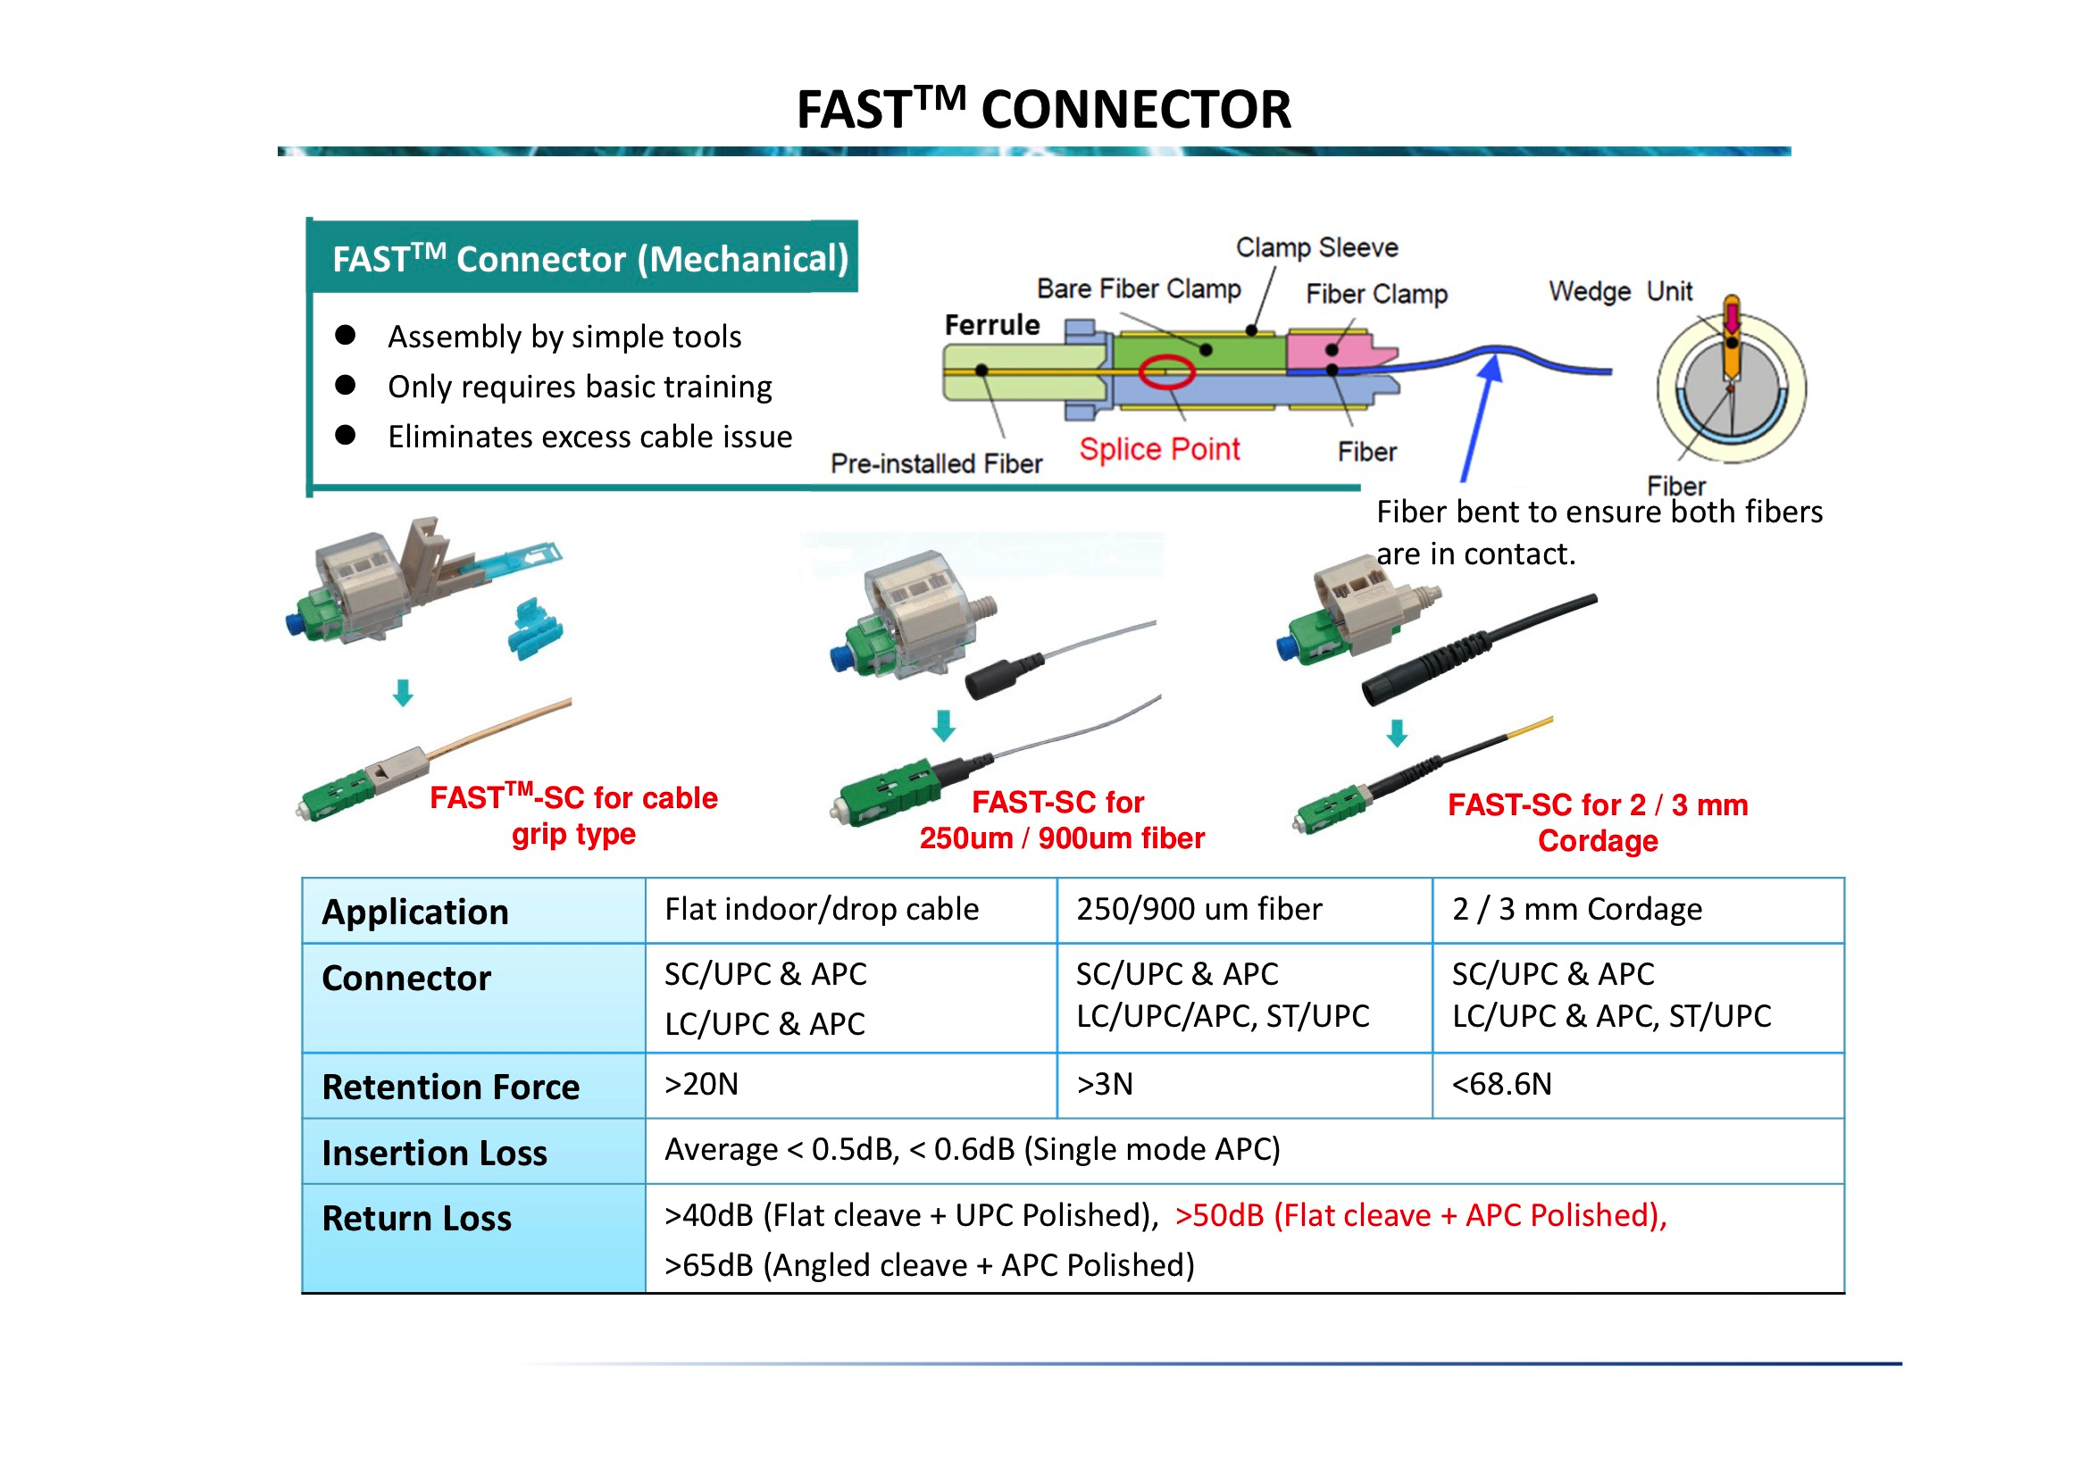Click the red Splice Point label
click(x=1158, y=449)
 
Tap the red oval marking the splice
click(x=1165, y=371)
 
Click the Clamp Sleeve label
click(x=1315, y=247)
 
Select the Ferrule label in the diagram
click(x=991, y=325)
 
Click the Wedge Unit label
click(x=1620, y=291)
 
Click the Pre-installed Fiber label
click(x=936, y=463)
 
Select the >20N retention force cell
click(x=701, y=1084)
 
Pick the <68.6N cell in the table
click(x=1501, y=1084)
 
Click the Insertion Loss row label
click(x=435, y=1152)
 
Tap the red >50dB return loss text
click(x=1420, y=1215)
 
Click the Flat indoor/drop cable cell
click(x=822, y=909)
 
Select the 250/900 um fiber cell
click(x=1199, y=909)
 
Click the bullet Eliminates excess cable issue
click(x=589, y=437)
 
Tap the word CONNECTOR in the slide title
click(x=1135, y=110)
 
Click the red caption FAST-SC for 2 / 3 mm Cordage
click(x=1597, y=822)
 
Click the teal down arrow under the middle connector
click(x=944, y=726)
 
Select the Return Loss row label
click(x=416, y=1218)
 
